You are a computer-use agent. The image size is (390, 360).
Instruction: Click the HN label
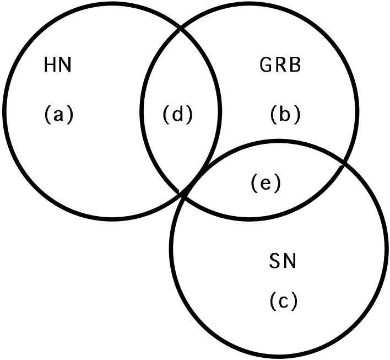click(x=58, y=67)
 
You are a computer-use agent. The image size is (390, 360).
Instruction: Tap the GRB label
click(x=280, y=66)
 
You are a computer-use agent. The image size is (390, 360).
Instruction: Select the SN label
click(x=283, y=261)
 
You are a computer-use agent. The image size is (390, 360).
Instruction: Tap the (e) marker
click(x=266, y=184)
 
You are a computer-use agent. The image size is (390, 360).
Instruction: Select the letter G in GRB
click(x=266, y=66)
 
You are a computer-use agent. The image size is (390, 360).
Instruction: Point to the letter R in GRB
click(x=280, y=66)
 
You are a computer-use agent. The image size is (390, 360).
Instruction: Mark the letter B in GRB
click(x=295, y=66)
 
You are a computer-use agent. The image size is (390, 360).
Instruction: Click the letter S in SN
click(x=275, y=261)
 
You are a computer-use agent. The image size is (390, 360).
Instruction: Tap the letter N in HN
click(x=66, y=67)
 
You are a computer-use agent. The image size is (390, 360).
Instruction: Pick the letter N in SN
click(x=290, y=261)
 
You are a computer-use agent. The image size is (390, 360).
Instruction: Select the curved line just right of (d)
click(x=220, y=113)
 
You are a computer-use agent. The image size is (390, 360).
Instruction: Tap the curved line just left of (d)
click(x=141, y=113)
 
